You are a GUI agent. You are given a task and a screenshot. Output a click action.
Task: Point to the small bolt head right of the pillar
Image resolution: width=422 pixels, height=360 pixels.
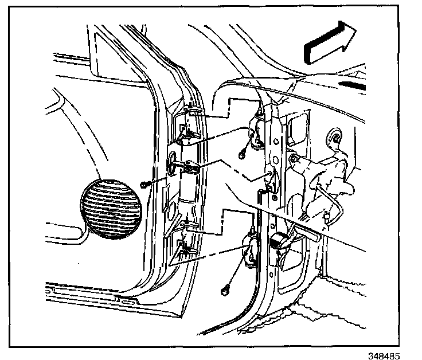293,158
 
